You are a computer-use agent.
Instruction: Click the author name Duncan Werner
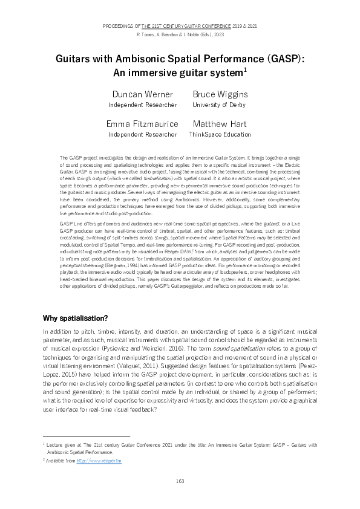[x=143, y=94]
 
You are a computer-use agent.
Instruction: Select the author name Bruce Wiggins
[x=220, y=94]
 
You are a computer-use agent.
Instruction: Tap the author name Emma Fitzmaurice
[x=143, y=124]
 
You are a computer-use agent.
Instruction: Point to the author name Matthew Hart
[x=220, y=124]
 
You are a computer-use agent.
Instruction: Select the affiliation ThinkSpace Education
[x=220, y=134]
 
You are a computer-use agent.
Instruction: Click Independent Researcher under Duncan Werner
[x=143, y=105]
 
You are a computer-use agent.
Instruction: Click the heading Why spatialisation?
[x=76, y=319]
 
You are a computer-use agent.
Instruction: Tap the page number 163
[x=180, y=481]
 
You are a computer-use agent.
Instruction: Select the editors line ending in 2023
[x=180, y=35]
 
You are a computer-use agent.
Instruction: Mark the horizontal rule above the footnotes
[x=87, y=436]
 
